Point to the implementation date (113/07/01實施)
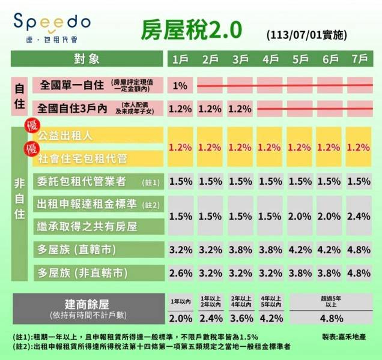(306, 35)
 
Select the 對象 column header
(86, 59)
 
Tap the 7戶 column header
(359, 59)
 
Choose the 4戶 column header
(270, 59)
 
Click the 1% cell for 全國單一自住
(180, 85)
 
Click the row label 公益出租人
(65, 136)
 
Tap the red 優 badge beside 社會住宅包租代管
(27, 148)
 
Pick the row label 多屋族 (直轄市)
(76, 248)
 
